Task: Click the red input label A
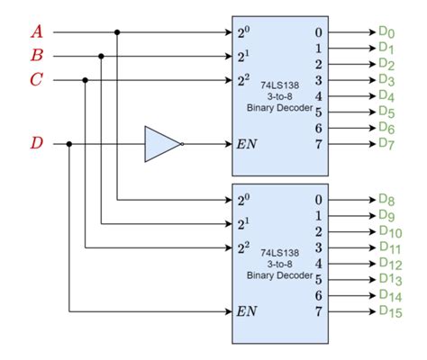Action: click(37, 32)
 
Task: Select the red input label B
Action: click(37, 56)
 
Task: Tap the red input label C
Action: click(36, 80)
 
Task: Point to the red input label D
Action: click(36, 143)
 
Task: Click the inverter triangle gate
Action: click(162, 143)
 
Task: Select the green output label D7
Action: click(386, 143)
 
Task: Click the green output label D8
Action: click(386, 200)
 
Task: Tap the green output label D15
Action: click(389, 312)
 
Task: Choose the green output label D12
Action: click(389, 264)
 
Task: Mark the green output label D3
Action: click(386, 80)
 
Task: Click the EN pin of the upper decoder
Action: click(246, 143)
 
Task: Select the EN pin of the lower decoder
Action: click(246, 312)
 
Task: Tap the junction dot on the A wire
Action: click(118, 32)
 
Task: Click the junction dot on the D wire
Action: click(69, 143)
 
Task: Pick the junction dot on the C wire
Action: click(86, 80)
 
